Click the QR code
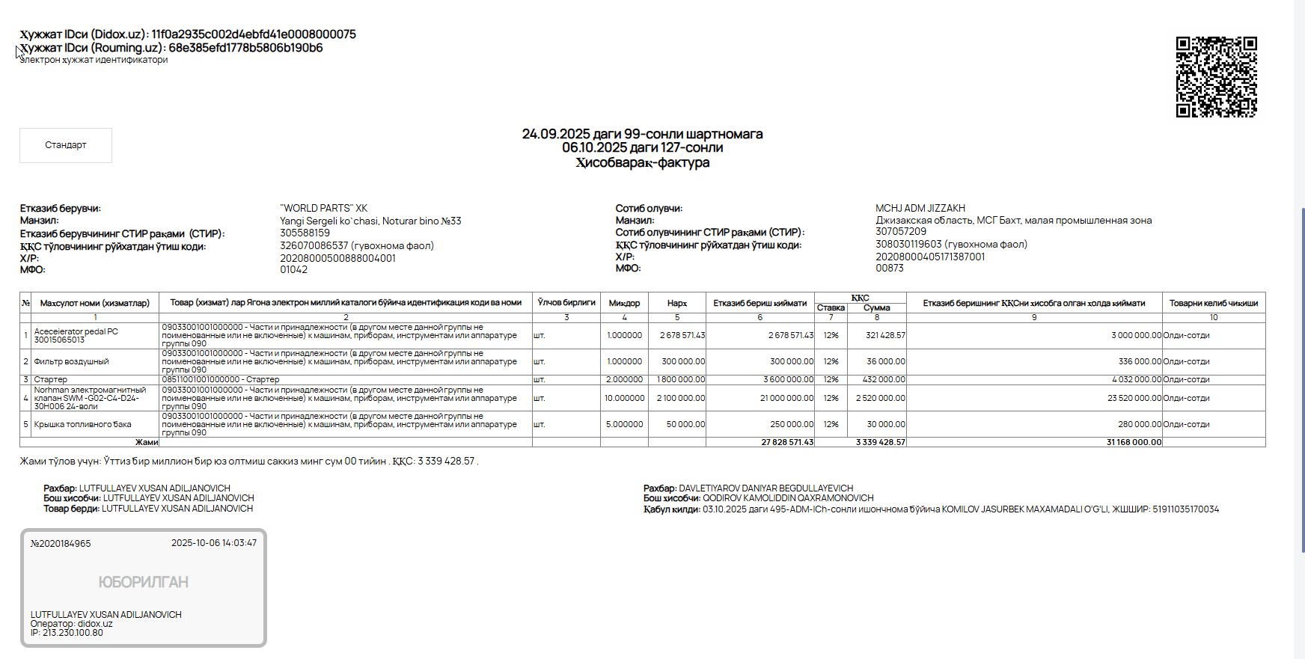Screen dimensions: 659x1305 pos(1216,77)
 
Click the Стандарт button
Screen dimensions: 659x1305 pos(66,145)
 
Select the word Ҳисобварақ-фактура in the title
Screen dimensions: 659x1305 pos(642,163)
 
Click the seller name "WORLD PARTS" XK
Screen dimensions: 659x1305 pos(323,209)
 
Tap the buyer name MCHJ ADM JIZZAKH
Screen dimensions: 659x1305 pos(920,209)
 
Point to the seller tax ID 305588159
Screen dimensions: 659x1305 pos(305,233)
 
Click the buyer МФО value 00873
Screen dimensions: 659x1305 pos(889,268)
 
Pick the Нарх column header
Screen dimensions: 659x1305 pos(676,303)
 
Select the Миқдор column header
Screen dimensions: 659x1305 pos(624,303)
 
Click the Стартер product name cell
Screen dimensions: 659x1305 pos(51,380)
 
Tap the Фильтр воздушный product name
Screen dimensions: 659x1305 pos(71,362)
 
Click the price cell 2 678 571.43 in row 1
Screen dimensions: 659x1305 pos(682,336)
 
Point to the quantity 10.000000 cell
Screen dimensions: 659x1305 pos(624,399)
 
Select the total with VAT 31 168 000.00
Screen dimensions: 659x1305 pos(1134,443)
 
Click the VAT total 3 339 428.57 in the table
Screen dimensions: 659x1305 pos(880,443)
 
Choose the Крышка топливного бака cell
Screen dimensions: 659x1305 pos(82,425)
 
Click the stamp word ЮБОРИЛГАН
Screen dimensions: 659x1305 pos(143,582)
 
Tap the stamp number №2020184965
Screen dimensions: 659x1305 pos(61,544)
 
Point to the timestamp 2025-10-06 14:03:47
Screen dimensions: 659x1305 pos(213,543)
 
